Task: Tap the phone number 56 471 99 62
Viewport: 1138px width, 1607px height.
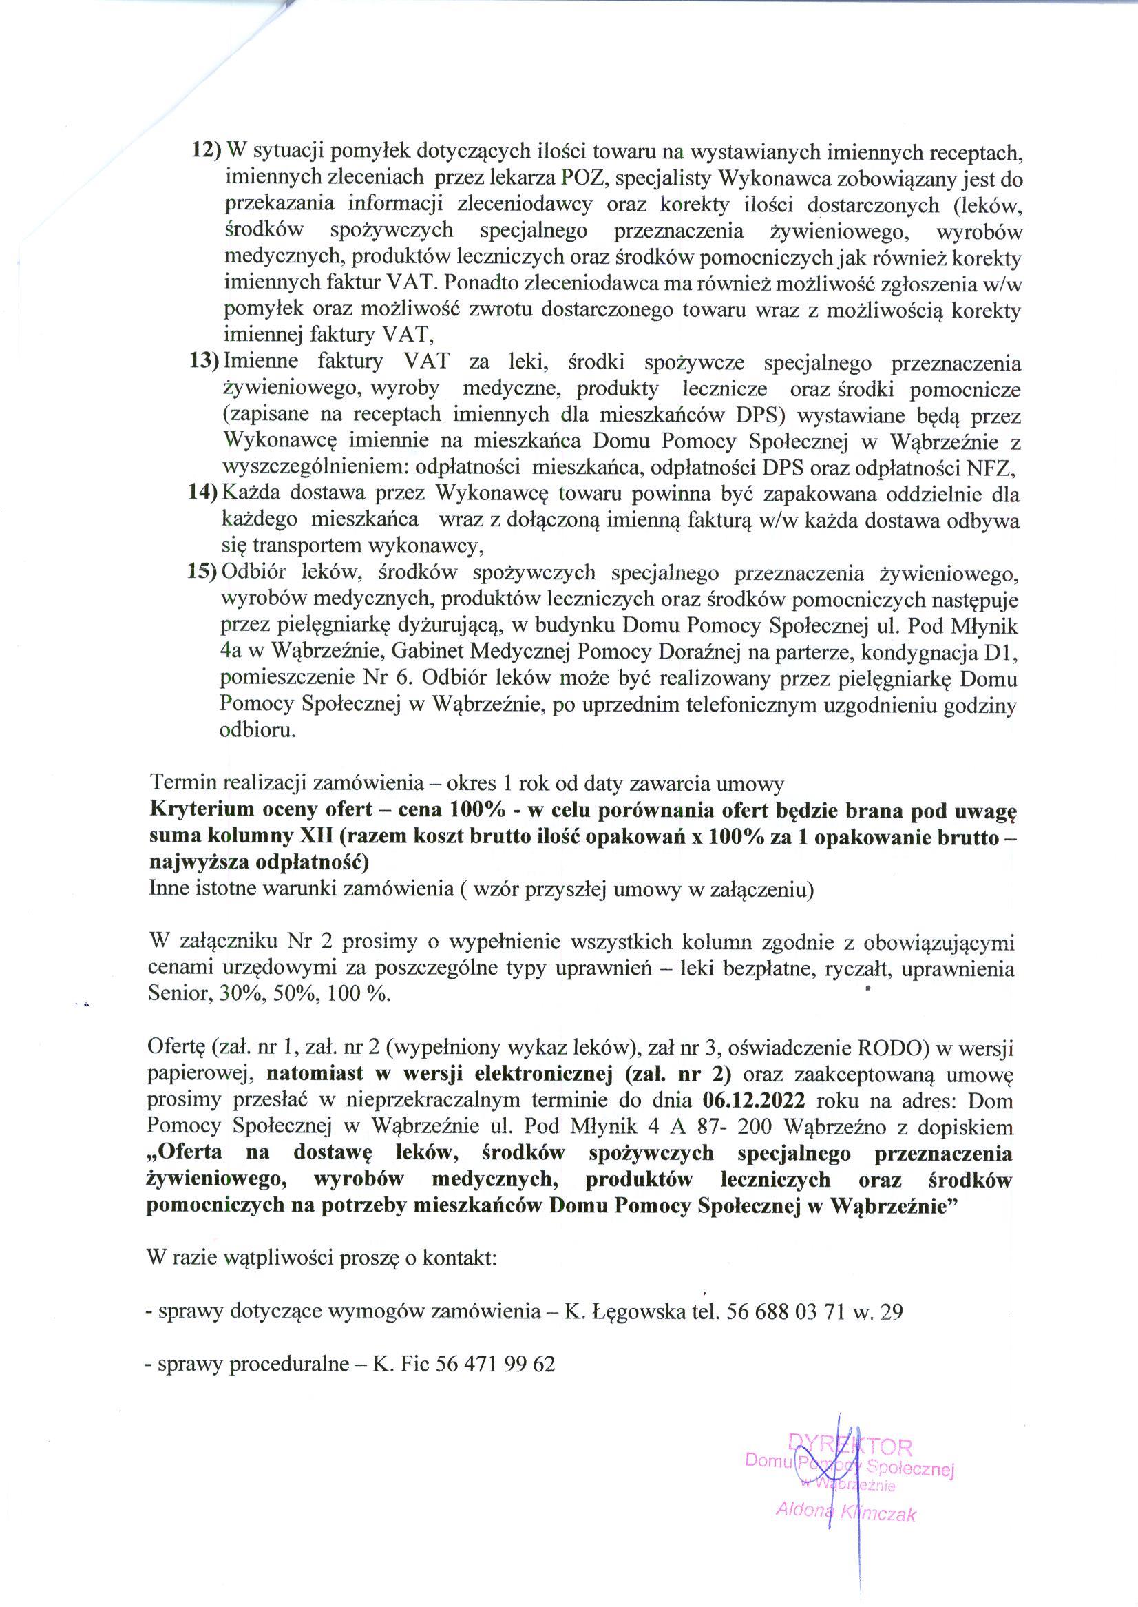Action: (495, 1364)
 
